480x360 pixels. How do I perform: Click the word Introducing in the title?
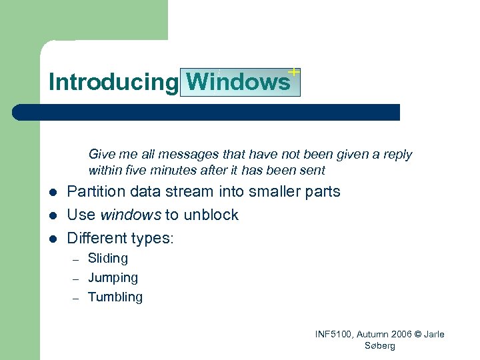(x=112, y=82)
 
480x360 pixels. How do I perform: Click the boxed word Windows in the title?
(x=239, y=82)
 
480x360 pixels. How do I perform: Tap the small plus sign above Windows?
(x=293, y=71)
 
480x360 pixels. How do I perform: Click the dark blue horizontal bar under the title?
(x=207, y=112)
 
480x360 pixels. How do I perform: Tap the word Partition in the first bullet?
(x=96, y=192)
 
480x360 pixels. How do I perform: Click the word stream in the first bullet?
(x=194, y=192)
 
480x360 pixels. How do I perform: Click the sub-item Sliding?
(x=108, y=258)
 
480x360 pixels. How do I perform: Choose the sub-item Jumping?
(x=113, y=277)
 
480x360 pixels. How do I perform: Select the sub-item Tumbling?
(x=115, y=297)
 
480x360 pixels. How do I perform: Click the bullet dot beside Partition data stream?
(x=53, y=193)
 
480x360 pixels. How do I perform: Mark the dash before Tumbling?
(x=76, y=298)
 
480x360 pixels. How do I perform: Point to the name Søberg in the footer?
(x=380, y=346)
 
